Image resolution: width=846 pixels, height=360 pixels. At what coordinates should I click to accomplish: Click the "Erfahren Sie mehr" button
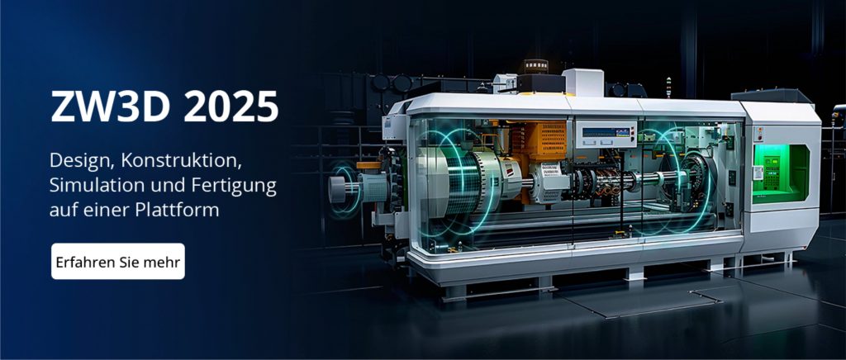[x=118, y=262]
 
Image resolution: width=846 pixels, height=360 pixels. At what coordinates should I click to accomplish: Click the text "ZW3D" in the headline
[x=111, y=107]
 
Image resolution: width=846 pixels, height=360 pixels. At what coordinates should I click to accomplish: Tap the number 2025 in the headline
[x=231, y=107]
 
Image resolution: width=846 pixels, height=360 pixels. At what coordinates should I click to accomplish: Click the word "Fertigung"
[x=234, y=187]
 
